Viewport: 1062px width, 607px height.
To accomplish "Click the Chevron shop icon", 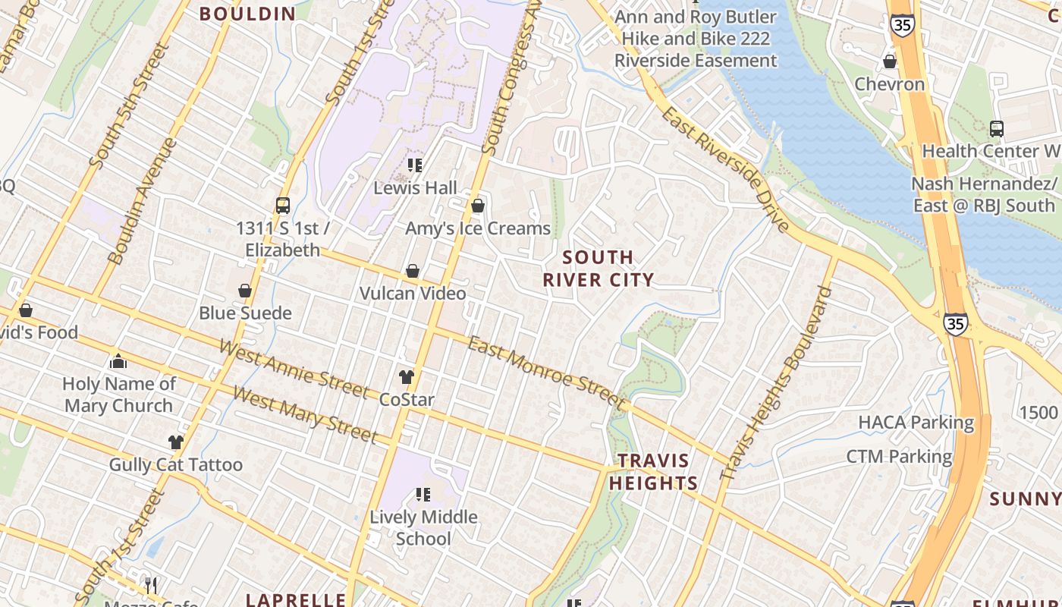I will [x=890, y=61].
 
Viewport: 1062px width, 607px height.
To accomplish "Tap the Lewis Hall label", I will [x=415, y=187].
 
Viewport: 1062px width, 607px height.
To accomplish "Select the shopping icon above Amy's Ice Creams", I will [x=478, y=206].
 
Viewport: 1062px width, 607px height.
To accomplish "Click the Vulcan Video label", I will [x=413, y=293].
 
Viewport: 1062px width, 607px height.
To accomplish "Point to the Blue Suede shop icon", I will [x=245, y=291].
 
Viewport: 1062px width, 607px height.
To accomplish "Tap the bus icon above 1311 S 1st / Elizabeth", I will [x=283, y=206].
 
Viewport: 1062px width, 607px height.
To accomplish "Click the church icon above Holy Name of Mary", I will [x=118, y=361].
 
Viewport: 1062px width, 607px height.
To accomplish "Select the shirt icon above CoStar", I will [x=407, y=376].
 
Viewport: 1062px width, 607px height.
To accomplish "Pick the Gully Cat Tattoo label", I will [x=176, y=464].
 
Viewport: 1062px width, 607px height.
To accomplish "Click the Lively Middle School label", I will [x=423, y=527].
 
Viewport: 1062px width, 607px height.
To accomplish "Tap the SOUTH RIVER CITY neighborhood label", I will [x=598, y=269].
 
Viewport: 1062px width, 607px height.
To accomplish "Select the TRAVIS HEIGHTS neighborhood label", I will [x=653, y=472].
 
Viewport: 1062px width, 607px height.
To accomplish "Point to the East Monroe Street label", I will [x=547, y=373].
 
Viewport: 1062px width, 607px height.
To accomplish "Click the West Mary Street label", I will [x=305, y=414].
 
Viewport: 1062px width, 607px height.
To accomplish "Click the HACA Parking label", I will [x=916, y=422].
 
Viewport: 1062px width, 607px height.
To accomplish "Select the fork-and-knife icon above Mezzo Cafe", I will [x=151, y=585].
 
